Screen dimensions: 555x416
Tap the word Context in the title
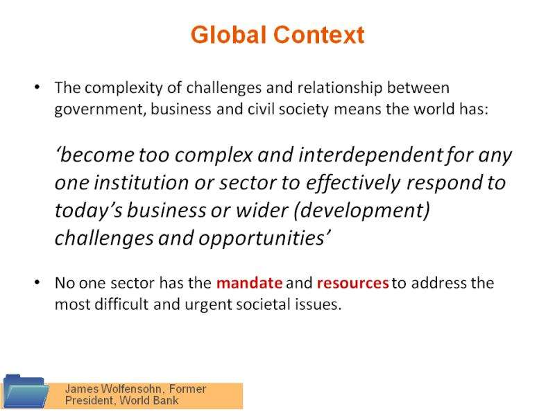pos(318,35)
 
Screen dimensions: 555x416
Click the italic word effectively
pos(353,183)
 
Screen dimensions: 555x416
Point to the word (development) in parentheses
pos(361,211)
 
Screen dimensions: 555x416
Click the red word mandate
pos(249,283)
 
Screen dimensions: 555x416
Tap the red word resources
pos(352,284)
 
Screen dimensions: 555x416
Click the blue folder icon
pos(26,391)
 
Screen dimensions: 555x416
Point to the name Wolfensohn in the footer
pos(131,389)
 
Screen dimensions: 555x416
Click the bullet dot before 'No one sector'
pos(37,282)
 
